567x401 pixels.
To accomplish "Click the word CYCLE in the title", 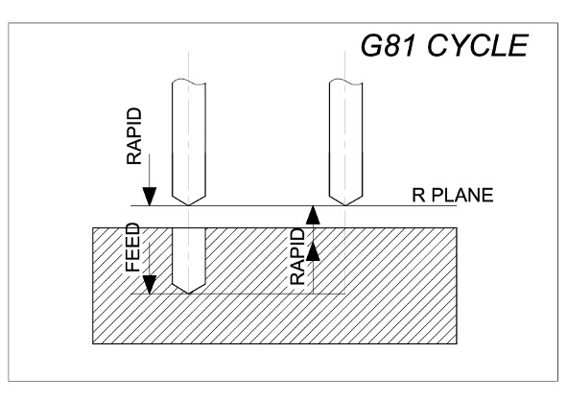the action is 478,45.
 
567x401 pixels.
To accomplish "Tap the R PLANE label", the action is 453,196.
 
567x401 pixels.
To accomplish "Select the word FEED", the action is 132,248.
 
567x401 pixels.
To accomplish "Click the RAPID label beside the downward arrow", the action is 134,136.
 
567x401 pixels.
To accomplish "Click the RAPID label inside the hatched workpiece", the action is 298,256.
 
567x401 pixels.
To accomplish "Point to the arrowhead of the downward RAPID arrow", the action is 150,197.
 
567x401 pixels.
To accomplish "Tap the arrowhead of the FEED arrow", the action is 150,285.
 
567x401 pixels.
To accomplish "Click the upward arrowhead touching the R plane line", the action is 313,215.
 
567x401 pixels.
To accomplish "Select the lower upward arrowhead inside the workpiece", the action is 313,251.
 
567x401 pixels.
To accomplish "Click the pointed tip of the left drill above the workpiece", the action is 188,205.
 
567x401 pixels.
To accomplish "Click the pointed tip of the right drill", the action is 345,205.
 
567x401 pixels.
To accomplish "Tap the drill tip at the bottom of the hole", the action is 188,293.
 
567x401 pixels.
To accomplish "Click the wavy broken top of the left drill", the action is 189,83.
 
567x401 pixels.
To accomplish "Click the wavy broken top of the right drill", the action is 346,83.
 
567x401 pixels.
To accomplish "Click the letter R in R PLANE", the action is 418,196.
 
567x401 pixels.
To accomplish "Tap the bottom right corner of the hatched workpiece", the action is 457,343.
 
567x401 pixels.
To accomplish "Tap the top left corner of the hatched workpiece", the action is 93,227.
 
